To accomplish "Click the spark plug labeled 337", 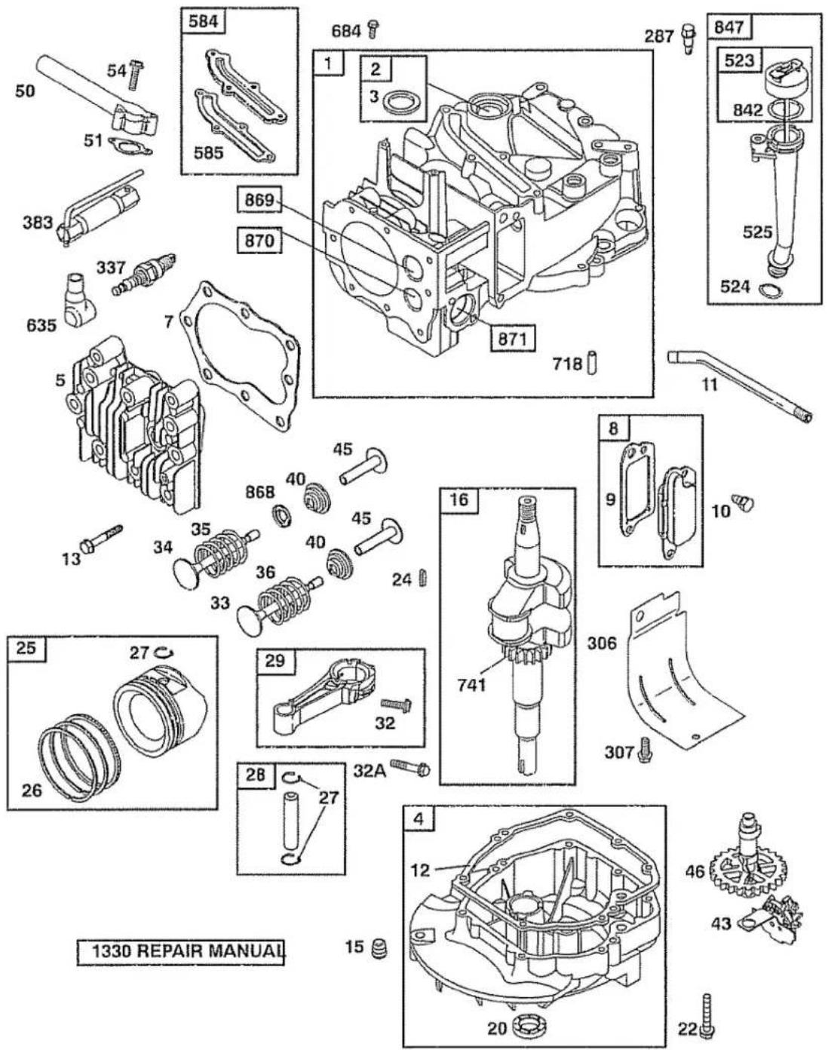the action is tap(143, 274).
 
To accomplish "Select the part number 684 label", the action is tap(346, 31).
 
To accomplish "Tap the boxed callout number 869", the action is tap(259, 200).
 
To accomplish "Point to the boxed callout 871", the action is tap(512, 338).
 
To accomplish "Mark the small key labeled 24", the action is tap(422, 579).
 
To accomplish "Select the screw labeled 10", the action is tap(745, 502).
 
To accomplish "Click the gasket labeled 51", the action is tap(130, 144).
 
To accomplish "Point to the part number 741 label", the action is tap(472, 684).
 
